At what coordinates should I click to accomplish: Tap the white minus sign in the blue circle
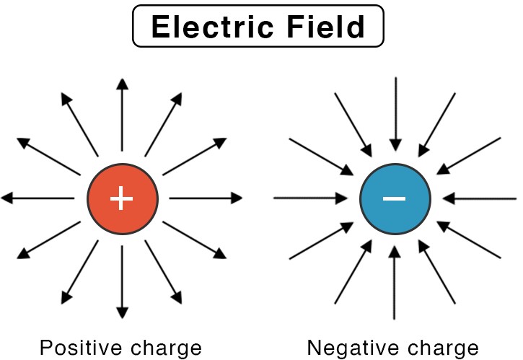395,197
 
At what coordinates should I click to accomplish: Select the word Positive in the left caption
79,348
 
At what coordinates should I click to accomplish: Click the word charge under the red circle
164,348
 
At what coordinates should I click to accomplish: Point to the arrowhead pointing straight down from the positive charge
122,312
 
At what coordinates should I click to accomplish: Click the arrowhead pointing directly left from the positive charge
7,198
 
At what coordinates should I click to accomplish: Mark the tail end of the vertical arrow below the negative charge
395,318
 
